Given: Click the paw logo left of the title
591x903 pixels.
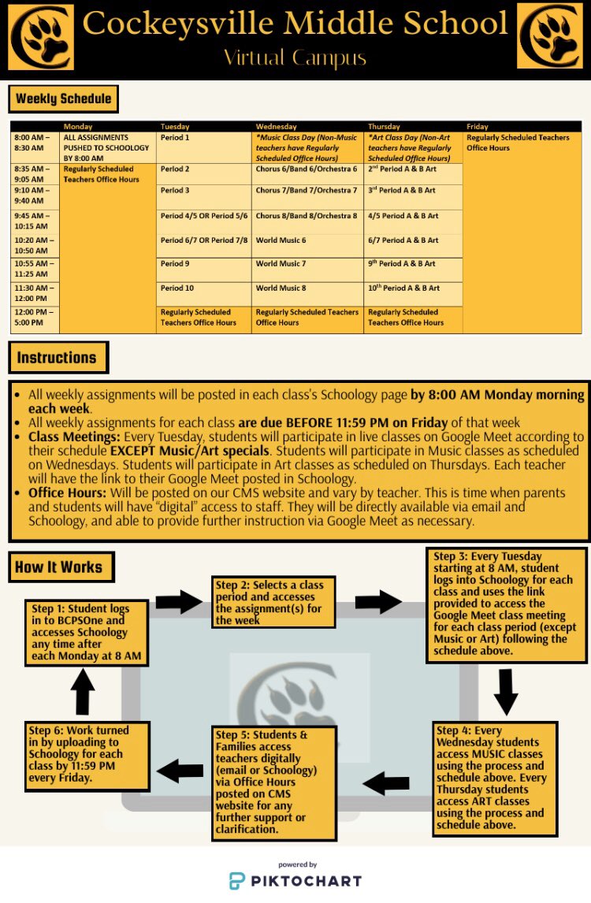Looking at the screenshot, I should (40, 36).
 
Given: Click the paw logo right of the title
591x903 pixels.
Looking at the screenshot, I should (550, 36).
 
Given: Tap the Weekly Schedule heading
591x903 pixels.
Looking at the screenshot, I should (64, 99).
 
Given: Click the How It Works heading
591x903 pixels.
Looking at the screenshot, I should (59, 567).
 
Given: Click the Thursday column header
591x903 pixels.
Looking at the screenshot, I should (384, 126).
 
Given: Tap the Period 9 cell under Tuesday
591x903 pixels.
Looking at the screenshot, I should (175, 264).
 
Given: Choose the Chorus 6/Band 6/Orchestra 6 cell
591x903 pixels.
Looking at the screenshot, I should (307, 169).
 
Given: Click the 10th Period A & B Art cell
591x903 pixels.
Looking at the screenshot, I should (403, 288).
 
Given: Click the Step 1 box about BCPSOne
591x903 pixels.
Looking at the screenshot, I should (87, 632).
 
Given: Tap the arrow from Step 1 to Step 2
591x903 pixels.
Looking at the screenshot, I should (179, 603).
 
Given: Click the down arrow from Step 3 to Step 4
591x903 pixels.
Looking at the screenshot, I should (505, 691).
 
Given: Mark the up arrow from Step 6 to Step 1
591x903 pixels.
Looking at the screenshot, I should (84, 691).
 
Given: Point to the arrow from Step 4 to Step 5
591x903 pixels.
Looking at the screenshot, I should (387, 782).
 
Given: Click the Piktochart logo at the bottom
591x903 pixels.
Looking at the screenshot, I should (295, 879).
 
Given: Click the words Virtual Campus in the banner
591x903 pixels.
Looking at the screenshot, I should (295, 57).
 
